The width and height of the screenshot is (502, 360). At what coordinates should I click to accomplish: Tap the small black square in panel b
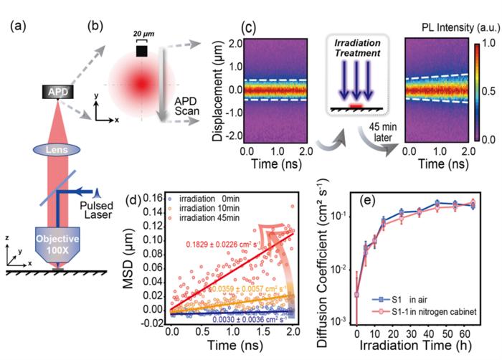tap(141, 50)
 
